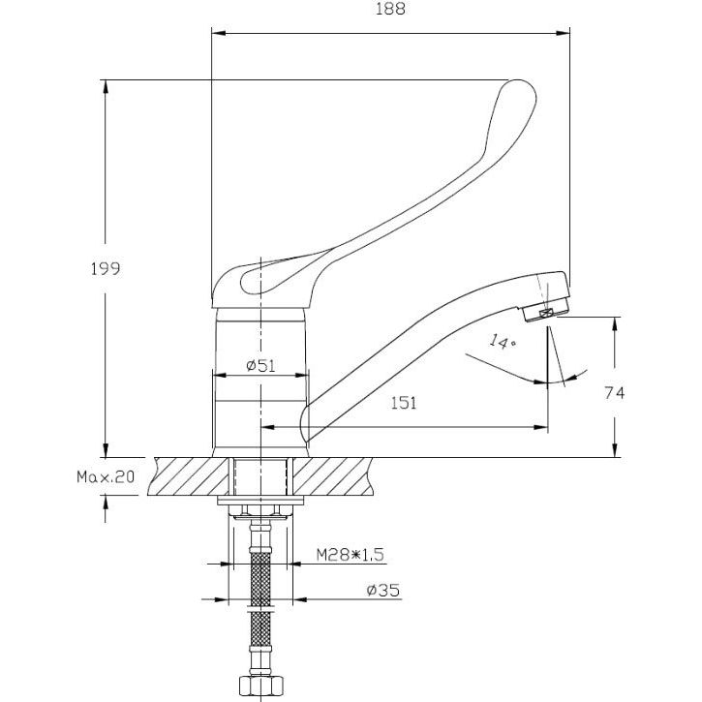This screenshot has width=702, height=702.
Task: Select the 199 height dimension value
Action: point(107,268)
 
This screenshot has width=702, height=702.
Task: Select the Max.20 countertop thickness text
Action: point(105,477)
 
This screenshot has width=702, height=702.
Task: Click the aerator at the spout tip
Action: point(546,311)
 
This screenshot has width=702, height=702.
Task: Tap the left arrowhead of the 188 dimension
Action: point(216,34)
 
